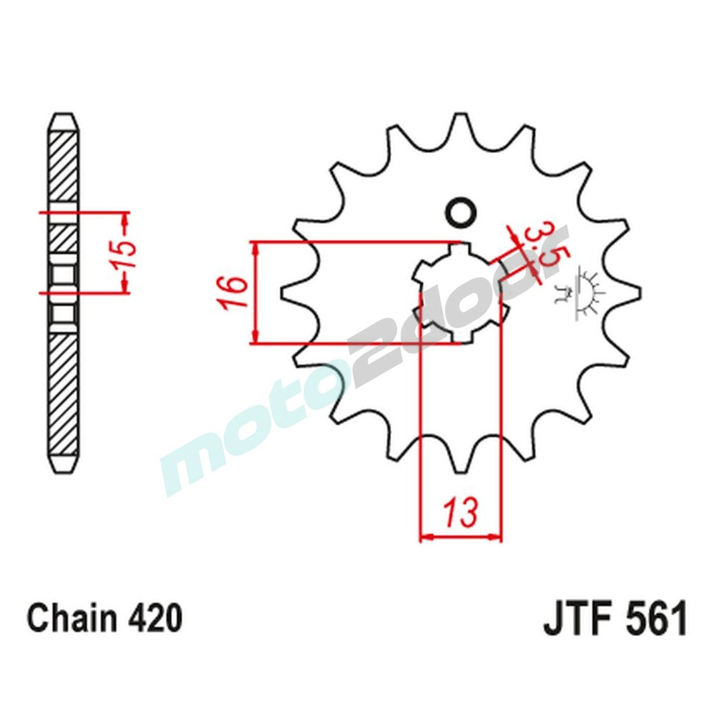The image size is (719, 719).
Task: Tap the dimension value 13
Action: (459, 514)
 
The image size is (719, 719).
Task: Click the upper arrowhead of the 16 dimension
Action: (256, 248)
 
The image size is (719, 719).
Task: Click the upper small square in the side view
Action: (63, 274)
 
